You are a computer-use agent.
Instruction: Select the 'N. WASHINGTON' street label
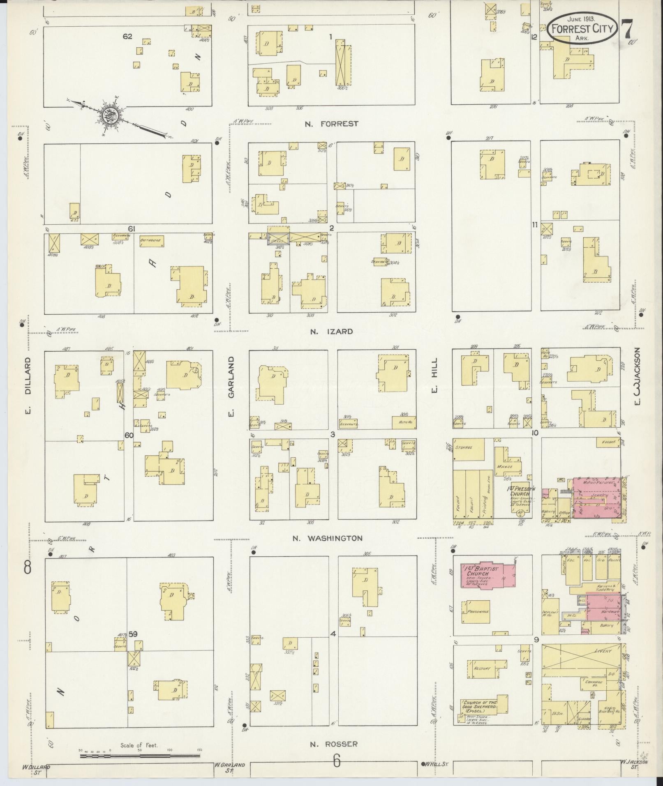tap(327, 538)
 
